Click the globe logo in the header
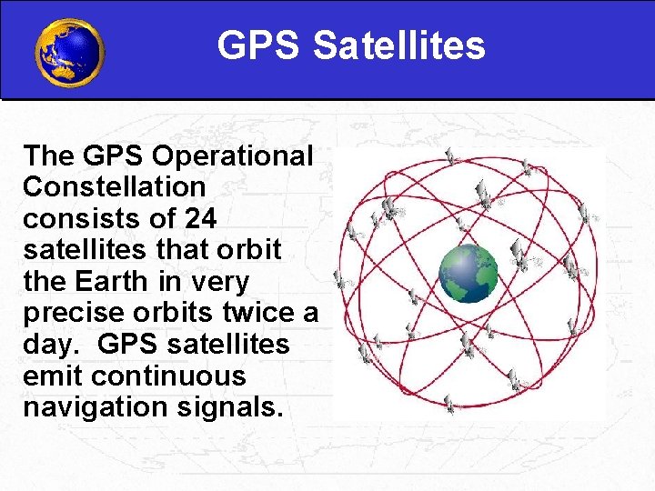69,52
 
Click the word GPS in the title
259,45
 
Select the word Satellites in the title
399,45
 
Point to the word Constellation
115,187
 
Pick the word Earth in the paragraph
119,282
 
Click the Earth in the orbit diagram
469,273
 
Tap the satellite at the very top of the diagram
449,156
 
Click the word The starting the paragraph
50,155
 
